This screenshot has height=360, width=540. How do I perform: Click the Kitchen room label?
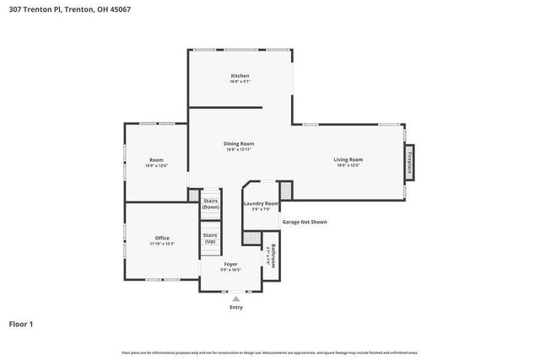[240, 76]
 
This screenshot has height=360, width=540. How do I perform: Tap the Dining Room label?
[239, 143]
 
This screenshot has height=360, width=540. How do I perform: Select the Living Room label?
[348, 159]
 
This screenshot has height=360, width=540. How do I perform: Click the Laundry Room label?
[261, 203]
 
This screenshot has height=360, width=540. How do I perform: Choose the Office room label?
[162, 238]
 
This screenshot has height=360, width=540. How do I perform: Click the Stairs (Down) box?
[210, 204]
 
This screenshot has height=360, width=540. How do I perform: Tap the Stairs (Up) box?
[210, 238]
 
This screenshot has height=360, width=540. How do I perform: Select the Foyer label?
[230, 264]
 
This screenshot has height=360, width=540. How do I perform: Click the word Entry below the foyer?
[235, 307]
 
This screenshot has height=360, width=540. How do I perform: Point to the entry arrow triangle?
[235, 298]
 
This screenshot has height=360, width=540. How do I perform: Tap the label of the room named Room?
[156, 159]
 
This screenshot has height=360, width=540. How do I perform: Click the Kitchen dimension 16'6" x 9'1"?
[240, 82]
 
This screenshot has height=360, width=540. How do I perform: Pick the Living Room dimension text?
[348, 165]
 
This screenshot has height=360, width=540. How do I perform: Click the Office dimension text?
[162, 244]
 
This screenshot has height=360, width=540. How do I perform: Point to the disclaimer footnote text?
[269, 352]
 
